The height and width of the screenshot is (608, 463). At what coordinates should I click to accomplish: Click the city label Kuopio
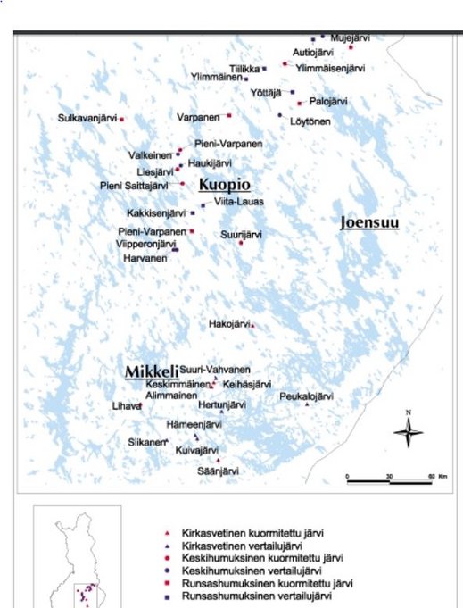click(223, 184)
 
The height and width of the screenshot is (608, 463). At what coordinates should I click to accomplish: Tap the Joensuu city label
click(368, 222)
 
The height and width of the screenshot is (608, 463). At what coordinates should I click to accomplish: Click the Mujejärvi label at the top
click(349, 38)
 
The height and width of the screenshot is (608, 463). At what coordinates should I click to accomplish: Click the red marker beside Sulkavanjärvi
click(122, 119)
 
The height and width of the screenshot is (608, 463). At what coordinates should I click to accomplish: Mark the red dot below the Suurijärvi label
click(241, 242)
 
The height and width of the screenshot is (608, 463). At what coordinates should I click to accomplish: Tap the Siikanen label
click(146, 442)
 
